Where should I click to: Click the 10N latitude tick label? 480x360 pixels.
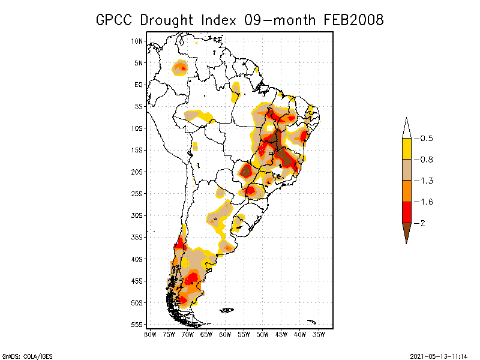click(137, 41)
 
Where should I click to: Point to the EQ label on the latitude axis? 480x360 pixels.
click(139, 85)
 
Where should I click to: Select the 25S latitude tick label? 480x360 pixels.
click(137, 194)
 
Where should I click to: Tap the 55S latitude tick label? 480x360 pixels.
click(137, 325)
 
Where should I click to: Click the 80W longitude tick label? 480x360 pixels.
click(150, 335)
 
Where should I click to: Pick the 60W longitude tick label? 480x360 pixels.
click(225, 335)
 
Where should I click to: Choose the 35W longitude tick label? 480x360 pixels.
click(319, 335)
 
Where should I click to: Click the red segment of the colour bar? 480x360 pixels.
click(406, 212)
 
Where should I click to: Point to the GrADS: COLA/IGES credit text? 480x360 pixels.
click(28, 356)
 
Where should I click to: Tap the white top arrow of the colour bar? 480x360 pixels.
click(406, 128)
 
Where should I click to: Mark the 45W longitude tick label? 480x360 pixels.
click(281, 335)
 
